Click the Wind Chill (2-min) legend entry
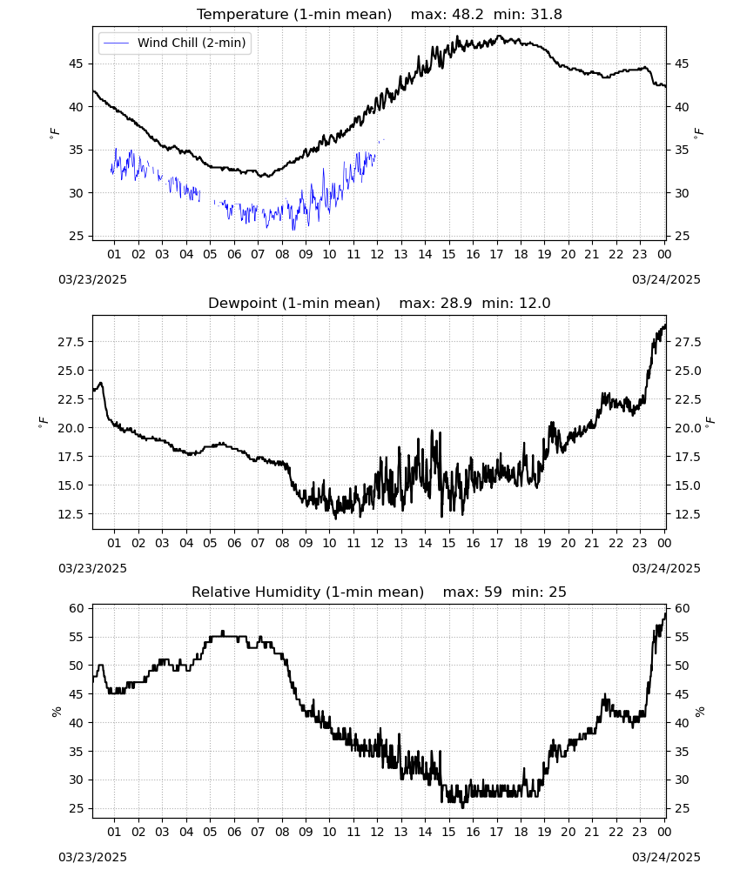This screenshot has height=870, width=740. tap(174, 43)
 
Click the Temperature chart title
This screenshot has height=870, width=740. tap(380, 14)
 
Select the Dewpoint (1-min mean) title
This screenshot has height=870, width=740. tap(294, 303)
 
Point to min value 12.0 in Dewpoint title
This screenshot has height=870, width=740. tap(535, 303)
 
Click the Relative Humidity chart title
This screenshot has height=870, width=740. tap(380, 592)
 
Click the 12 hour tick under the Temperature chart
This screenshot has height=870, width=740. tap(377, 254)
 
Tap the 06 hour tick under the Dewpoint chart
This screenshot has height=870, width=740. tap(233, 543)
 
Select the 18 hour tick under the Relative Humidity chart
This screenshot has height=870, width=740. tap(520, 832)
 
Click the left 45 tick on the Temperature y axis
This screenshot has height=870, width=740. tap(76, 64)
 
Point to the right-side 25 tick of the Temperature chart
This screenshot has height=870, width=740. tap(682, 236)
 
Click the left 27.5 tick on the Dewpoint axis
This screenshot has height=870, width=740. tap(71, 342)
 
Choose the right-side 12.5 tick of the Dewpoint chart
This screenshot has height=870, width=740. tap(688, 514)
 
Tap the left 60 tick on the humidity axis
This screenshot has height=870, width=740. tap(77, 608)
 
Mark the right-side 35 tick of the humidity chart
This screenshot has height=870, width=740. tap(682, 752)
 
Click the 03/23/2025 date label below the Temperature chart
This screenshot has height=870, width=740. tap(92, 279)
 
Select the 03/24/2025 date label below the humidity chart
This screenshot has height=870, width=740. tap(666, 857)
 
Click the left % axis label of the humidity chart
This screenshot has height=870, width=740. tap(56, 712)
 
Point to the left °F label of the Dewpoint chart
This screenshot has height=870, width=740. tap(44, 423)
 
